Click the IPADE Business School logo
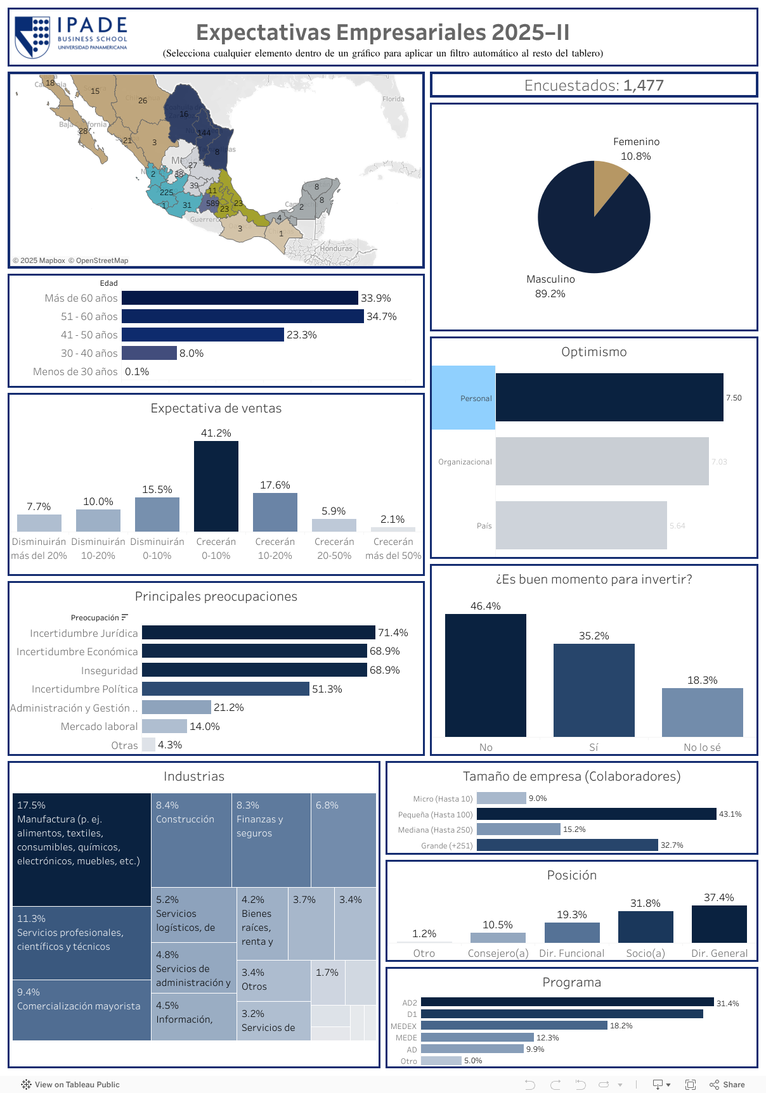[71, 36]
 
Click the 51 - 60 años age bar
[242, 316]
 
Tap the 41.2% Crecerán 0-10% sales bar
[216, 486]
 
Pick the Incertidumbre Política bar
[225, 689]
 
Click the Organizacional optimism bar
[602, 461]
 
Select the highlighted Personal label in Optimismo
[464, 398]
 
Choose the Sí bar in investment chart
[594, 690]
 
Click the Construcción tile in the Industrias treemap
[191, 840]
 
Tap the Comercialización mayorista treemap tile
[81, 1010]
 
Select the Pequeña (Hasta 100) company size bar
[596, 814]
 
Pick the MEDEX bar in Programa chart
[514, 1025]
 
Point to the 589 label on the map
[212, 203]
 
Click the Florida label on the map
[393, 99]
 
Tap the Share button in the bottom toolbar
[727, 1084]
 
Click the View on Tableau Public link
[70, 1084]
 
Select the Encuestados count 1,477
[643, 86]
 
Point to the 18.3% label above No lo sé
[702, 680]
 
